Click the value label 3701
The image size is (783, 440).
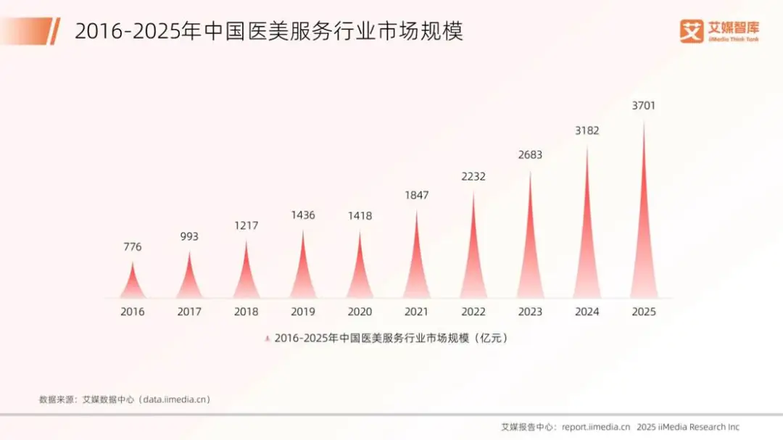click(x=644, y=106)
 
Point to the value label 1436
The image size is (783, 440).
click(x=303, y=215)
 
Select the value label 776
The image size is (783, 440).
click(x=132, y=247)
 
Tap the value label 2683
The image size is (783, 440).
click(x=530, y=155)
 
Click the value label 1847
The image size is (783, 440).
click(x=416, y=195)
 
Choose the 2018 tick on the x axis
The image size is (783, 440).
click(x=246, y=312)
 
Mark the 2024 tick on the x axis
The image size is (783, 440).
click(x=587, y=312)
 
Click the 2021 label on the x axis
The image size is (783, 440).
click(x=416, y=312)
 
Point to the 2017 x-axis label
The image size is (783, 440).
click(x=189, y=312)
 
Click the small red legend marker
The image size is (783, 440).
click(x=268, y=339)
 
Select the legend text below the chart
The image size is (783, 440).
click(x=391, y=339)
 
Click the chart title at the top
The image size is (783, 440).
click(x=268, y=31)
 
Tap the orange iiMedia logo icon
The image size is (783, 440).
click(x=692, y=31)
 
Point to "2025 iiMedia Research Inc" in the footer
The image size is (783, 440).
click(x=688, y=427)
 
